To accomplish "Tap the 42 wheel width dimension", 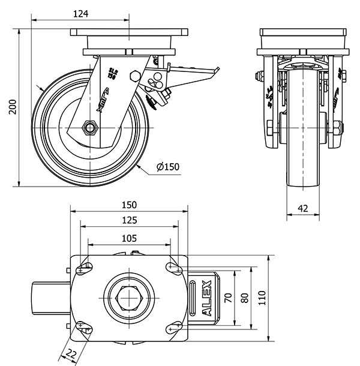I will click(x=302, y=208).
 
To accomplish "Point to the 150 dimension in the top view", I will click(x=129, y=204).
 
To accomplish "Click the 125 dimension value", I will click(x=129, y=221).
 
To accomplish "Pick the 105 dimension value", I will click(x=129, y=238).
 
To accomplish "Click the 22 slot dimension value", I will click(x=71, y=353).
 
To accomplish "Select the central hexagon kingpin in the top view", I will click(x=129, y=296).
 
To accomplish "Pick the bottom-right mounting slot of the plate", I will click(x=175, y=326).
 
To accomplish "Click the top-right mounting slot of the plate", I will click(x=175, y=268).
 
